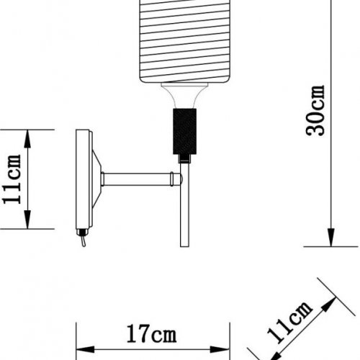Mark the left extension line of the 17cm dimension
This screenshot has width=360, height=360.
(x=76, y=338)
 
